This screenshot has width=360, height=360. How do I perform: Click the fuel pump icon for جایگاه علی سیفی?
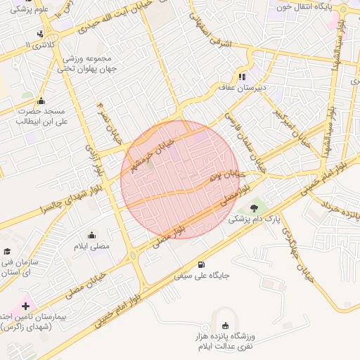pos(202,265)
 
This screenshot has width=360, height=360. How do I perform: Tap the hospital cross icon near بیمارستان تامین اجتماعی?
pos(26,307)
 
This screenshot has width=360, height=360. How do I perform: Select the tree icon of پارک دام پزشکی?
pos(254,207)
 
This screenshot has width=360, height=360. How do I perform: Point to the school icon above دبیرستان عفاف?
pos(243,77)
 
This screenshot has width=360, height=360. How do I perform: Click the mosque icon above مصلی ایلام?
pos(91,236)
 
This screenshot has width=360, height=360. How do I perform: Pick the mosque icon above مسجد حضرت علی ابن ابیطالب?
pos(41,101)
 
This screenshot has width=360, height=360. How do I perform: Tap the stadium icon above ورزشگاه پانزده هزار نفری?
pos(225,326)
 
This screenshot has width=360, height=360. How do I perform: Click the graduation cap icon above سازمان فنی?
pos(7,252)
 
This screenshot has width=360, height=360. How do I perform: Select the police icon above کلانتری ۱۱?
pos(41,33)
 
